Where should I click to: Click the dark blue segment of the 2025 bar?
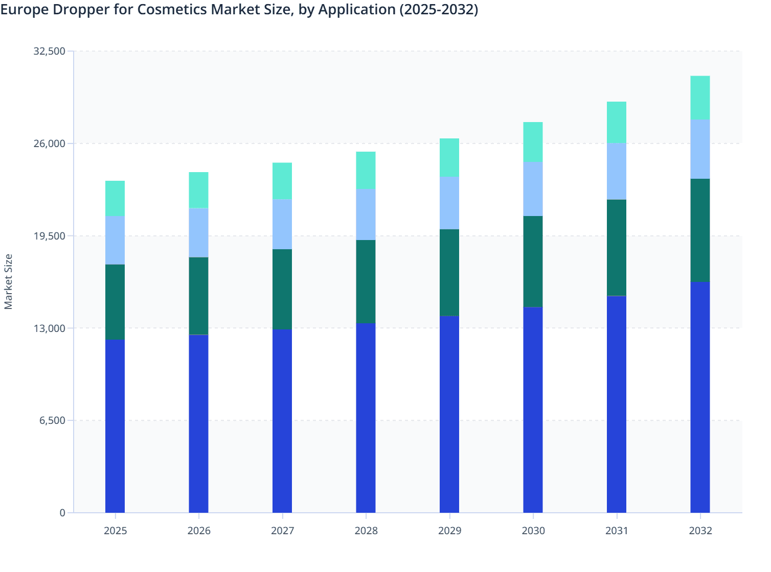point(115,426)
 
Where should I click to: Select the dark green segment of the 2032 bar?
point(700,230)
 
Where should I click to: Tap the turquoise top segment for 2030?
point(533,142)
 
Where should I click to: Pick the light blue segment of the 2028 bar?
point(366,214)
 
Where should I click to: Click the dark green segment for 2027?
point(282,289)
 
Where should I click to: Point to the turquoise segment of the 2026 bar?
point(198,190)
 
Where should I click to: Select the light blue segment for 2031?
point(616,171)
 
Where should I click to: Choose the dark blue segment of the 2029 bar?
point(449,414)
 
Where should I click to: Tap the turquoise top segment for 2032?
point(700,98)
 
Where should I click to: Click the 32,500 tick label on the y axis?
point(49,51)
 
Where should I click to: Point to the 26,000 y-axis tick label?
point(49,144)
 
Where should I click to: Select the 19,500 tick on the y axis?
point(49,236)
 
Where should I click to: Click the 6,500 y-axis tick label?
point(52,420)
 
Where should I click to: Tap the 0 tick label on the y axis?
point(62,513)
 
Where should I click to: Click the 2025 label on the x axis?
point(115,531)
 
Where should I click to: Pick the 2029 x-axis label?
point(449,531)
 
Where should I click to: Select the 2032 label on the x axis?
point(700,531)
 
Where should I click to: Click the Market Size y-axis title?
point(9,281)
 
